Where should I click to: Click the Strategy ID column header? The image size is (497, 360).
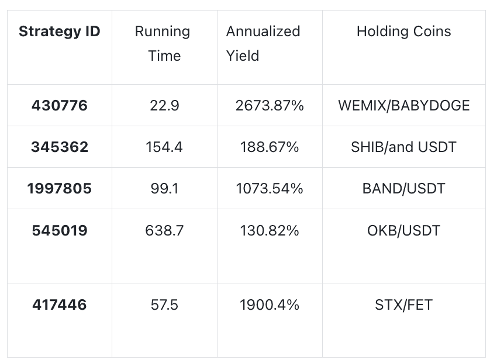pyautogui.click(x=60, y=32)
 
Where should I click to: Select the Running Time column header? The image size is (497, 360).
pyautogui.click(x=163, y=43)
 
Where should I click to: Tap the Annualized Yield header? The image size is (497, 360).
pyautogui.click(x=263, y=43)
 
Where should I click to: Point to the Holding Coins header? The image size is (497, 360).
pyautogui.click(x=404, y=32)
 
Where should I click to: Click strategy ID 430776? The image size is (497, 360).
pyautogui.click(x=60, y=106)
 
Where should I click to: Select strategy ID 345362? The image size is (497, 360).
pyautogui.click(x=60, y=147)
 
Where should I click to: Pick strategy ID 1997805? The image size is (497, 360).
pyautogui.click(x=60, y=189)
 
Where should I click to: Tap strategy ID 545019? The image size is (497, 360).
pyautogui.click(x=60, y=230)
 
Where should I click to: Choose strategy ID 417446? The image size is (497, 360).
pyautogui.click(x=60, y=305)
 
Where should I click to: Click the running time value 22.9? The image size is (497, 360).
pyautogui.click(x=164, y=106)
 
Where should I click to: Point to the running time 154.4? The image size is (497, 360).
pyautogui.click(x=164, y=147)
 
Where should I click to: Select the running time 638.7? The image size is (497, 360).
pyautogui.click(x=164, y=230)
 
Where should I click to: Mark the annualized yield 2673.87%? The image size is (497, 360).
pyautogui.click(x=270, y=106)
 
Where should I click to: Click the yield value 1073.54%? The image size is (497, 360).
pyautogui.click(x=270, y=189)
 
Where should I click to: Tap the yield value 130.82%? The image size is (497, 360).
pyautogui.click(x=270, y=230)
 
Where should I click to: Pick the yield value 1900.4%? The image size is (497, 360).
pyautogui.click(x=270, y=305)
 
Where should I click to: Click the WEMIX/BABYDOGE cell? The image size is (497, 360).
pyautogui.click(x=404, y=106)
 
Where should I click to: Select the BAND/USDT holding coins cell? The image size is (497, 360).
pyautogui.click(x=404, y=189)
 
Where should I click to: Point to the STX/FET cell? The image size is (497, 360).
pyautogui.click(x=404, y=305)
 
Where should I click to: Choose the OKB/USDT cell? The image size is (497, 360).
pyautogui.click(x=404, y=230)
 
